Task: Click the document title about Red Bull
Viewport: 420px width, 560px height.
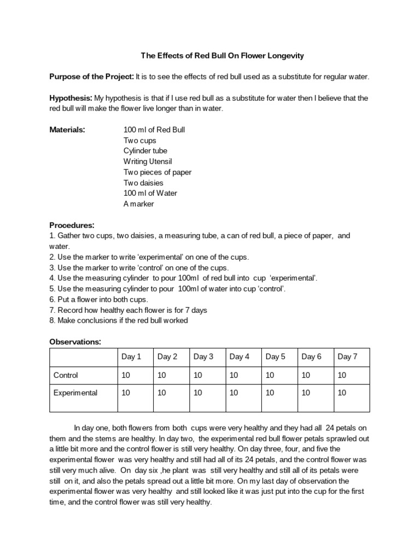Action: coord(223,56)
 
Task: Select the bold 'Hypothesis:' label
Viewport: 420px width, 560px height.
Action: coord(71,98)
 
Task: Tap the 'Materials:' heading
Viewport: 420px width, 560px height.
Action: coord(67,130)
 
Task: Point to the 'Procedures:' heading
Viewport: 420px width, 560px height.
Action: coord(72,225)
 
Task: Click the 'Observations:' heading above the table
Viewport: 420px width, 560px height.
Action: coord(75,342)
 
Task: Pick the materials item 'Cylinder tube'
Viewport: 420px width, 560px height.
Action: coord(145,151)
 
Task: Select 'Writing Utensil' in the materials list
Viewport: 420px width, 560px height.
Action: coord(148,161)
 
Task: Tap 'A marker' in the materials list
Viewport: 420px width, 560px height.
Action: coord(139,204)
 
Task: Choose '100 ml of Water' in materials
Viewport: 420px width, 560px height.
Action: coord(150,193)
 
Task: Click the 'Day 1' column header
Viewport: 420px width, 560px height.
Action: coord(131,357)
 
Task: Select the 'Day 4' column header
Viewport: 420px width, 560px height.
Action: coord(240,357)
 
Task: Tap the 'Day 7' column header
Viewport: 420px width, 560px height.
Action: coord(347,357)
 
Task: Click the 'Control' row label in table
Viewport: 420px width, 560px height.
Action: coord(66,376)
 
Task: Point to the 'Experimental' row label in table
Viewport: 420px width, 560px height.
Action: coord(75,393)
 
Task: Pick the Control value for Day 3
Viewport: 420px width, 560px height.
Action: coord(198,376)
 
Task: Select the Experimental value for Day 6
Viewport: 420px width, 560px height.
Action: coord(306,393)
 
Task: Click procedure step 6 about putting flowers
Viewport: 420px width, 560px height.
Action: coord(99,300)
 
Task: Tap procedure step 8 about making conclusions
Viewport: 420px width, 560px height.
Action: coord(119,320)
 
